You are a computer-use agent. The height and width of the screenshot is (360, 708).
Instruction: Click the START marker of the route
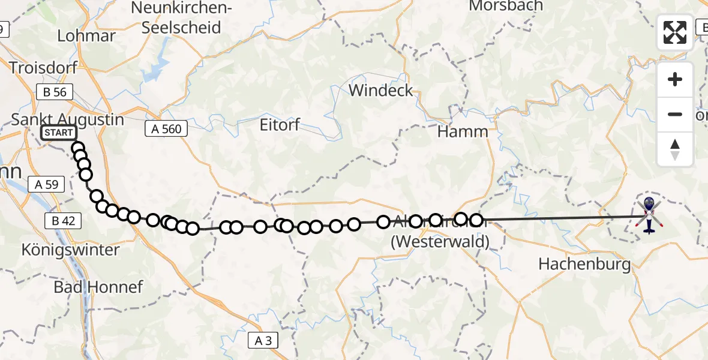click(58, 133)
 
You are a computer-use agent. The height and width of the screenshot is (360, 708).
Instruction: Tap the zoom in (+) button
click(675, 79)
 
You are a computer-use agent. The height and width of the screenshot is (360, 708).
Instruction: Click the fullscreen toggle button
click(675, 32)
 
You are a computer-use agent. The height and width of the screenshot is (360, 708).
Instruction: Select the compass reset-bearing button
click(675, 149)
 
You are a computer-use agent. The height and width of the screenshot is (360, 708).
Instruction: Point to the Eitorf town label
click(279, 126)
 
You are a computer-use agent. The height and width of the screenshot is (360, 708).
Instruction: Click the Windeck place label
click(382, 91)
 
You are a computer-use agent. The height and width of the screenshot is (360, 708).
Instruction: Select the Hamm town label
click(463, 131)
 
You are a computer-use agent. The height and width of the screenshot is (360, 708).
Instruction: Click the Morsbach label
click(506, 6)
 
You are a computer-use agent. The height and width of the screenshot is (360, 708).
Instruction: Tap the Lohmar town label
click(86, 35)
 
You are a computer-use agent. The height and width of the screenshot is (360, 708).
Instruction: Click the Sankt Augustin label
click(68, 119)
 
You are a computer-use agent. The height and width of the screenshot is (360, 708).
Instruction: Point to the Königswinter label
click(71, 250)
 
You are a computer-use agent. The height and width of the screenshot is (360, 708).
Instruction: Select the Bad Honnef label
click(98, 287)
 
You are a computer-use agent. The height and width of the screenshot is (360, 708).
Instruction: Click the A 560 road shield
click(166, 128)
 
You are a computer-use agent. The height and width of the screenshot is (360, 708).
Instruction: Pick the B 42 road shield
click(64, 221)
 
